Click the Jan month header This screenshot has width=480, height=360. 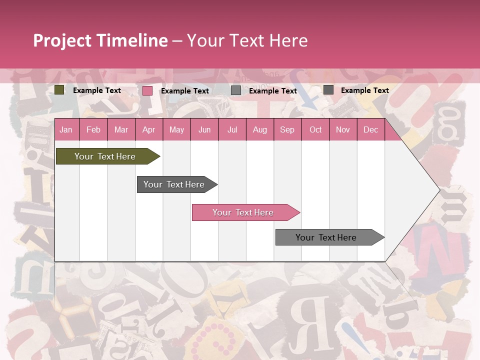pyautogui.click(x=66, y=130)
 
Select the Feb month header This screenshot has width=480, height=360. pyautogui.click(x=93, y=130)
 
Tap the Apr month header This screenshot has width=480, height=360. pyautogui.click(x=149, y=130)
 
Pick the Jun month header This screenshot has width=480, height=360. pyautogui.click(x=204, y=130)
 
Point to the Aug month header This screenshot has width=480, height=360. pyautogui.click(x=260, y=130)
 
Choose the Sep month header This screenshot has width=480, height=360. pyautogui.click(x=287, y=130)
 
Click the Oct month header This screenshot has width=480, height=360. pyautogui.click(x=315, y=130)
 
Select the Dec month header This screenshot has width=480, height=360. pyautogui.click(x=371, y=130)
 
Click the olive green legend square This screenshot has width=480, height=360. pyautogui.click(x=59, y=90)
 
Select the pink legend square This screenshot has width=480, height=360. pyautogui.click(x=147, y=90)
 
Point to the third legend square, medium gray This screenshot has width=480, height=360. pyautogui.click(x=236, y=90)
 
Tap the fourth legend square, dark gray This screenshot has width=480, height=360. pyautogui.click(x=328, y=90)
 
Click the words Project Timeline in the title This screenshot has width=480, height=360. pyautogui.click(x=100, y=40)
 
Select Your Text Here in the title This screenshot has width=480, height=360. pyautogui.click(x=247, y=40)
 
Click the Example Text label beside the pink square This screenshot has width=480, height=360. pyautogui.click(x=184, y=91)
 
